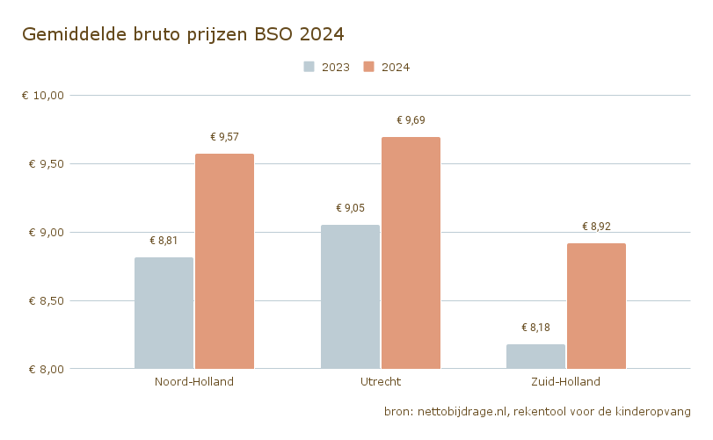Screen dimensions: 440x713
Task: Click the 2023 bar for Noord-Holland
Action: [x=164, y=313]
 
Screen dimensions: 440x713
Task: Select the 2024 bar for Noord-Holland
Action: [x=224, y=261]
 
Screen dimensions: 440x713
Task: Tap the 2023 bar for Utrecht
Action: [x=350, y=297]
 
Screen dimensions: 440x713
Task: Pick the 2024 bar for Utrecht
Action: [x=411, y=253]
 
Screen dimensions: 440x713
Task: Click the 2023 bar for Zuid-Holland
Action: [x=535, y=356]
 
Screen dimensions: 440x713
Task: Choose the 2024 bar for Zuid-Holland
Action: [x=596, y=306]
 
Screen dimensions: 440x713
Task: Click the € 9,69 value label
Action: [x=411, y=120]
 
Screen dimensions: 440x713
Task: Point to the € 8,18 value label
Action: [x=535, y=328]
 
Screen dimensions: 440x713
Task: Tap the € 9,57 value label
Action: [x=224, y=137]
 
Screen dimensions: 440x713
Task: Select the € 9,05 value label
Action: [x=350, y=208]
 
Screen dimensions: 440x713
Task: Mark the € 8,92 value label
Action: [x=596, y=227]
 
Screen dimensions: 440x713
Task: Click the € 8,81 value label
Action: [x=164, y=241]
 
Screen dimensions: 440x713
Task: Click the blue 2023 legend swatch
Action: [x=309, y=67]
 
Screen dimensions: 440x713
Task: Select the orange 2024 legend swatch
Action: [x=370, y=67]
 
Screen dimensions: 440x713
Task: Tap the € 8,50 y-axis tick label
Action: [x=45, y=300]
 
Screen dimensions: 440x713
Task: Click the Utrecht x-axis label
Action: [x=381, y=382]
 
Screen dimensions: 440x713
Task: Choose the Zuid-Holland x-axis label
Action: [x=566, y=382]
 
